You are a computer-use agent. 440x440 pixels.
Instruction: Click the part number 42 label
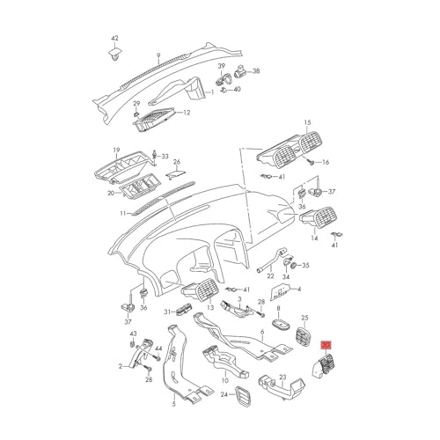point(114,38)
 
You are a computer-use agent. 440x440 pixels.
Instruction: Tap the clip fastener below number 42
point(114,55)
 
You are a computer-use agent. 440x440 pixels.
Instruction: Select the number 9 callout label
point(158,55)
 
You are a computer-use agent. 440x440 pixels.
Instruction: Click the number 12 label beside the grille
point(187,113)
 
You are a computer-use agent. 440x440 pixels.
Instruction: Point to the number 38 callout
point(256,71)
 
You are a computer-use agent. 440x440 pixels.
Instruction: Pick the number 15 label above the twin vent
point(307,122)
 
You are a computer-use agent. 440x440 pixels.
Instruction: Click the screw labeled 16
point(312,161)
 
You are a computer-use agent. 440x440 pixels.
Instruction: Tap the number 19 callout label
point(116,150)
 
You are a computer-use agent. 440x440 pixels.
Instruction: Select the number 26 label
point(177,162)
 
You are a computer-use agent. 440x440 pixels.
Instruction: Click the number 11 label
point(123,214)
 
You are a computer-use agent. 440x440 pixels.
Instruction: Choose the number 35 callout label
point(305,266)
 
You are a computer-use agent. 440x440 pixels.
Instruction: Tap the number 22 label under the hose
point(270,276)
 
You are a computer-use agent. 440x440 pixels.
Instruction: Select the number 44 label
point(158,348)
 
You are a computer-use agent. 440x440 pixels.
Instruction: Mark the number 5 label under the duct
point(173,405)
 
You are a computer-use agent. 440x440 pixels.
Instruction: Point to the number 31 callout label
point(167,312)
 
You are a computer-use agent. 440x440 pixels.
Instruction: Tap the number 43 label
point(134,334)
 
